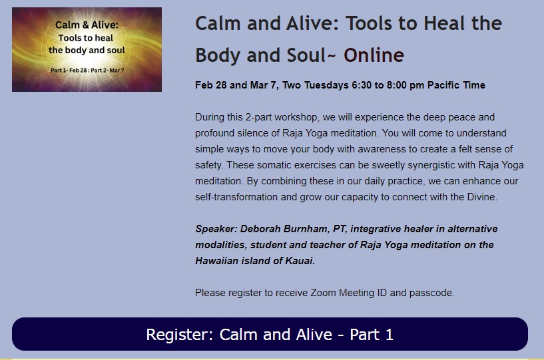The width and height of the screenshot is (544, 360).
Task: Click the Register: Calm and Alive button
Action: (x=270, y=334)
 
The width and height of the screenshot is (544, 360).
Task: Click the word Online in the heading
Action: (x=374, y=55)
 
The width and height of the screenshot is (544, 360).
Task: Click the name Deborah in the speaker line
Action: (x=260, y=229)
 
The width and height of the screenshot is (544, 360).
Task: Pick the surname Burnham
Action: (x=306, y=229)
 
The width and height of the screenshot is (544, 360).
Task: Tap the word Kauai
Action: (x=300, y=261)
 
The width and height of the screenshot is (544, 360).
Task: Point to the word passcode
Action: (x=431, y=293)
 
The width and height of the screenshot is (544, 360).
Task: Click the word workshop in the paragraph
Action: (x=296, y=118)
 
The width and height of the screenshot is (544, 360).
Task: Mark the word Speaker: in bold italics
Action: (x=216, y=230)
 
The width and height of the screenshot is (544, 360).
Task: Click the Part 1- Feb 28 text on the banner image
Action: (x=69, y=71)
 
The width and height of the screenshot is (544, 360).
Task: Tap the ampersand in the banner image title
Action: (x=85, y=25)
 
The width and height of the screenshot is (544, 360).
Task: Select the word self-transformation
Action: (x=236, y=197)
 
